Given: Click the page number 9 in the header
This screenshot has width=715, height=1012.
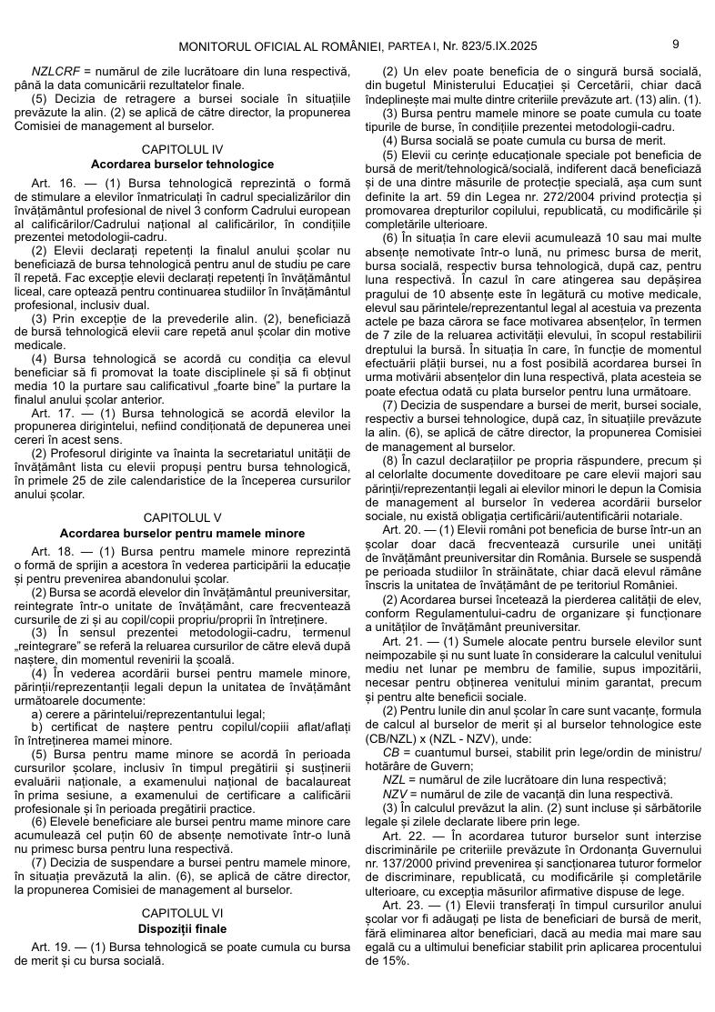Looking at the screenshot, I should coord(676,44).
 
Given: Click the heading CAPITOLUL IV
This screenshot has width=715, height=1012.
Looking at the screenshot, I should coord(182,148).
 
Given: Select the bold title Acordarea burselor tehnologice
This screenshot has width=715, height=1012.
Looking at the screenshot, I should coord(182,164).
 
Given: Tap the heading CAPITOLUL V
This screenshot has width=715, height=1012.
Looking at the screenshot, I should coord(182,517).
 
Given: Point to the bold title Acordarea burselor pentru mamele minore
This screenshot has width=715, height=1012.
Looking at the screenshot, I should coord(182,533).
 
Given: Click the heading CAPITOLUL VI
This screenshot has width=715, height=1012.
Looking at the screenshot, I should coord(182,913).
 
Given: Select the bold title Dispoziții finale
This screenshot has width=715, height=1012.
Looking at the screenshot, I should coord(182,928).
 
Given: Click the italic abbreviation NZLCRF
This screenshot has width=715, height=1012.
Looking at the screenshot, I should coord(55,71).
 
